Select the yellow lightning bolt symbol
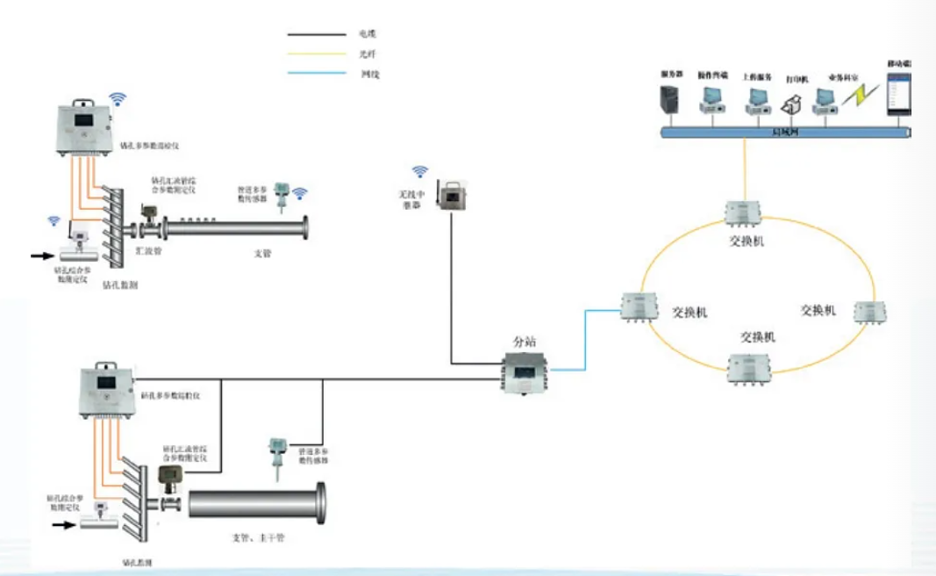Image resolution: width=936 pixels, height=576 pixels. (855, 96)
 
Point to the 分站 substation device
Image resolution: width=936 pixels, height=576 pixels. (523, 373)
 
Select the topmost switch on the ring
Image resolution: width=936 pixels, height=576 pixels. (744, 213)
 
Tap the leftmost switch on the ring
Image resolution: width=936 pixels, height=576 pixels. (638, 305)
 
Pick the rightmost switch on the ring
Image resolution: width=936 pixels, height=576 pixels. (865, 311)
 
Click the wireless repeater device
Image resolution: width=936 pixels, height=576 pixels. (452, 197)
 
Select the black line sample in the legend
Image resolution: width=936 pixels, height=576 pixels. (317, 34)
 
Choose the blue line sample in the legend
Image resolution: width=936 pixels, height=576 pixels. (317, 74)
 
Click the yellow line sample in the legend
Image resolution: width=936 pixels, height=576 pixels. (317, 54)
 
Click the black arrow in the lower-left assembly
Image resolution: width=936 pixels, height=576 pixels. (64, 526)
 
